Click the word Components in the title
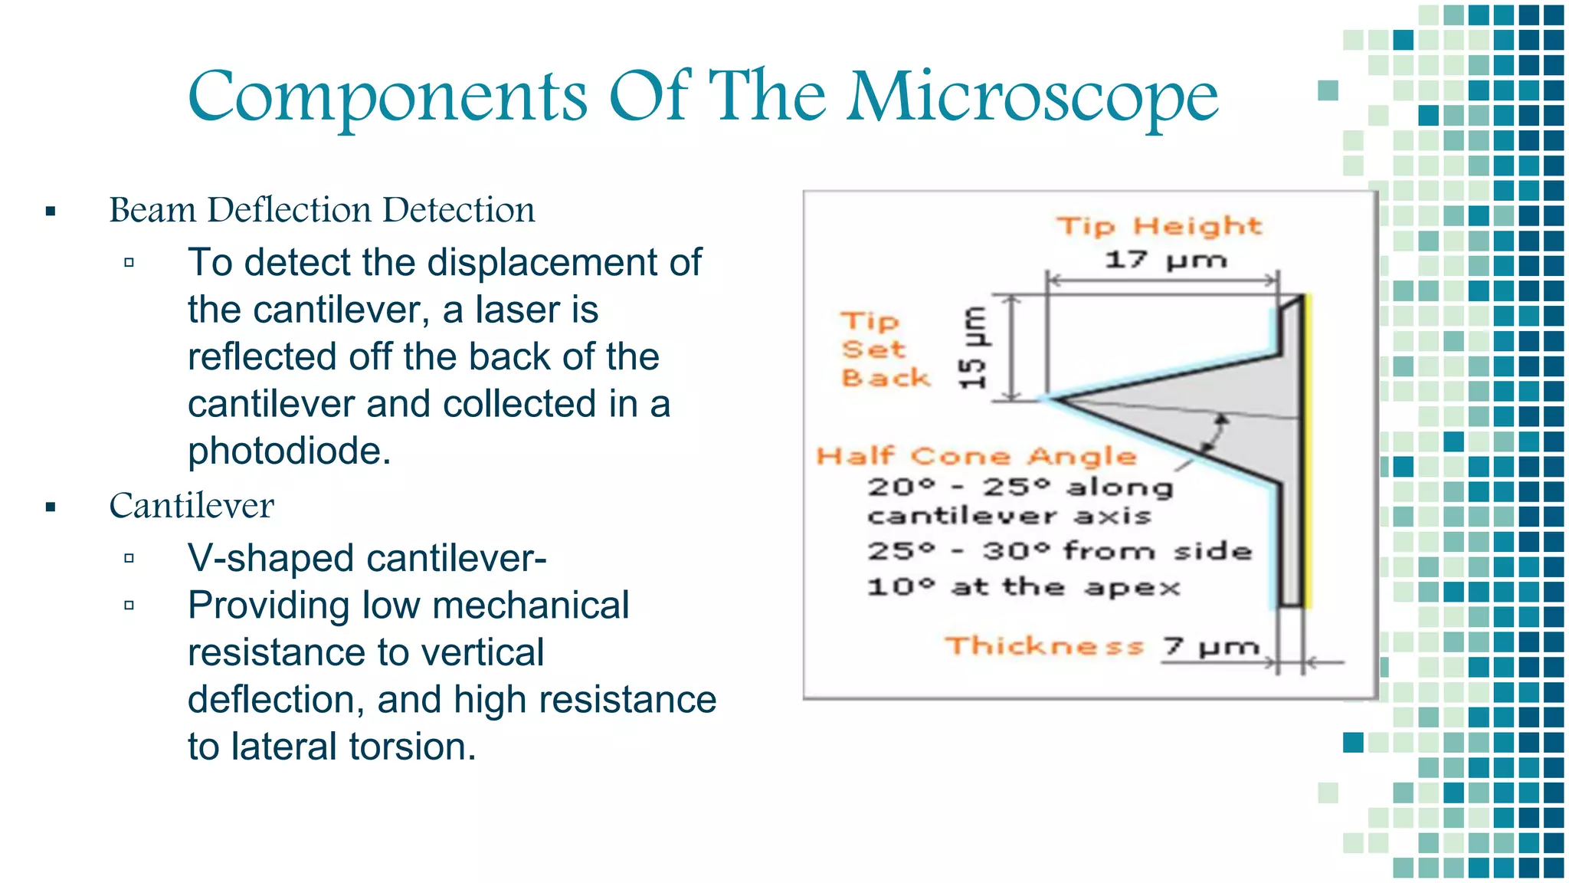[x=387, y=98]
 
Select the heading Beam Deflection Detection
[x=322, y=210]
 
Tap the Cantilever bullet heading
[x=192, y=506]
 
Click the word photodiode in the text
[x=289, y=451]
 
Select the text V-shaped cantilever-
[x=367, y=558]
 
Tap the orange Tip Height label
[x=1158, y=226]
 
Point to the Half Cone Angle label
[x=976, y=457]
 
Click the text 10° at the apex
[x=1023, y=588]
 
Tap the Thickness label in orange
[x=1044, y=646]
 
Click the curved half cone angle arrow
[x=1217, y=434]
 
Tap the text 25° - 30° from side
[x=1059, y=551]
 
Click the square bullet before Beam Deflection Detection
[x=51, y=212]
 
